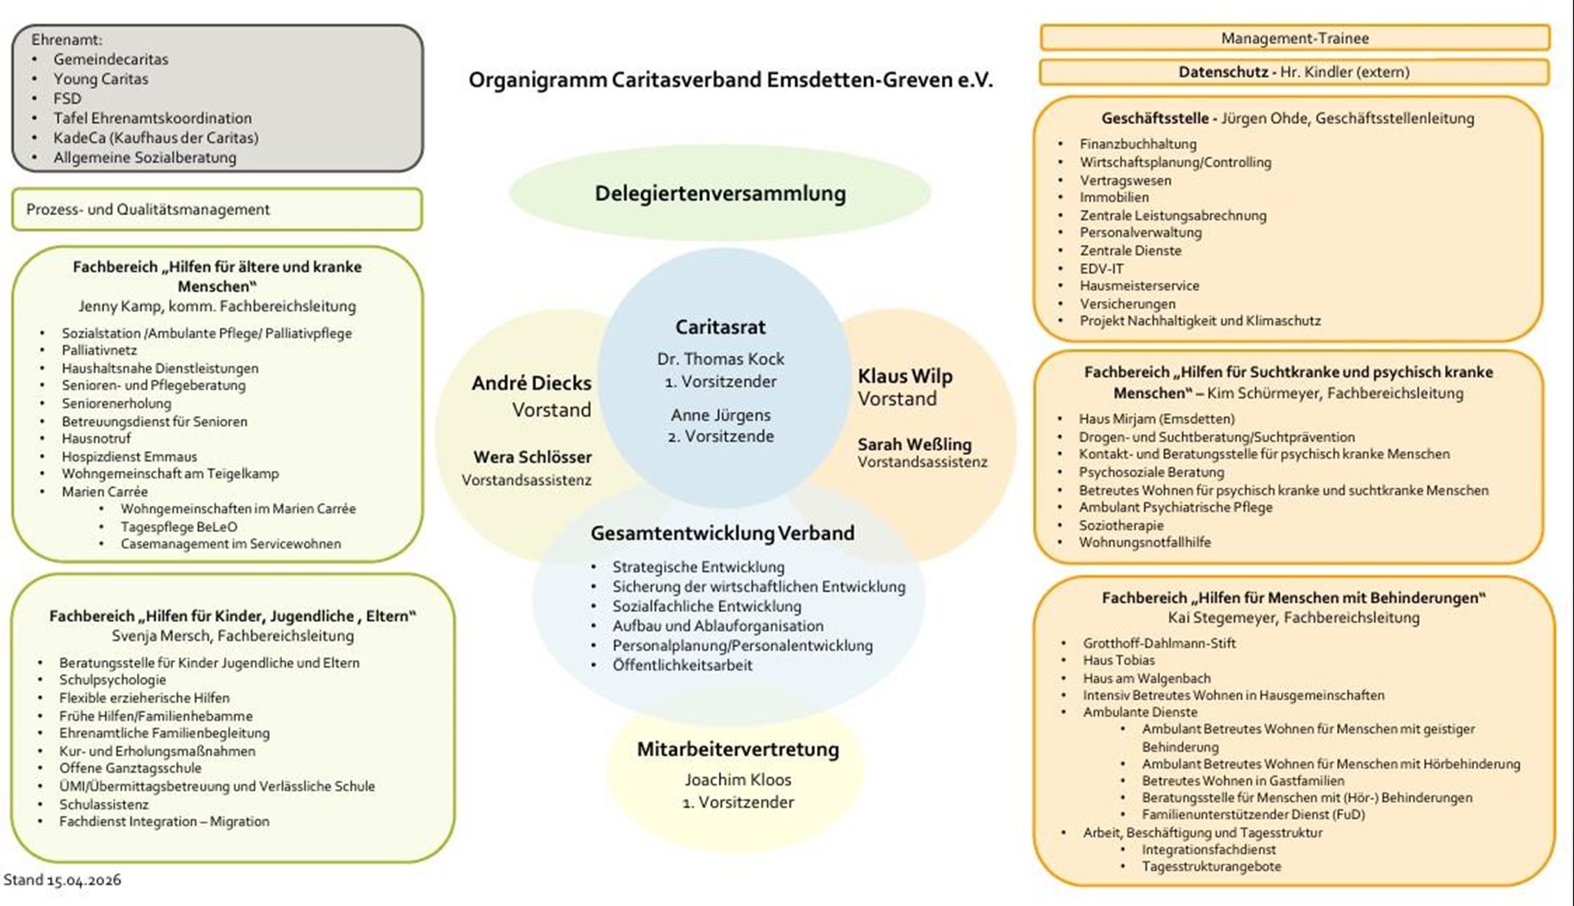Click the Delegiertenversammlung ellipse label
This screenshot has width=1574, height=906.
click(720, 194)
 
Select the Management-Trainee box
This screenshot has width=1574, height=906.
click(1294, 39)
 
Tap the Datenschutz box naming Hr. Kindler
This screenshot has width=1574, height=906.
click(1294, 72)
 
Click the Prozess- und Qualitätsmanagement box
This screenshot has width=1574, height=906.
click(217, 210)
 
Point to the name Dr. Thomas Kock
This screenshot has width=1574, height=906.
click(720, 359)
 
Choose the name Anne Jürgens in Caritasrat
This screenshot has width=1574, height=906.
click(720, 415)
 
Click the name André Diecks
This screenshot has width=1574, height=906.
click(531, 384)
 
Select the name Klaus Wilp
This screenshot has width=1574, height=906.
click(904, 376)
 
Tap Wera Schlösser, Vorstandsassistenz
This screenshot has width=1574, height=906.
click(532, 458)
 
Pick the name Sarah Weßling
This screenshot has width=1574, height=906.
click(914, 444)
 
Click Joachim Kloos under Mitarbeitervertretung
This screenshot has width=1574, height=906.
click(738, 780)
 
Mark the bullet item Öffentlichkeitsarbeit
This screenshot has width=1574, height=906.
click(682, 666)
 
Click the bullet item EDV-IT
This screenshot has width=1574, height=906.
click(1101, 269)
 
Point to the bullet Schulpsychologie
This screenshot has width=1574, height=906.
click(112, 680)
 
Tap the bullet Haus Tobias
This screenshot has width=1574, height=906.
click(1118, 660)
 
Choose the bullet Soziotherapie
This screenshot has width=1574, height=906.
click(1121, 526)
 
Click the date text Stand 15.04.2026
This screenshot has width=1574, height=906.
click(62, 880)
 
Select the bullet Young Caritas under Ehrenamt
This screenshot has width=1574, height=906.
click(101, 80)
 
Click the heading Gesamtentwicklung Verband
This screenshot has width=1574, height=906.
click(721, 534)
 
